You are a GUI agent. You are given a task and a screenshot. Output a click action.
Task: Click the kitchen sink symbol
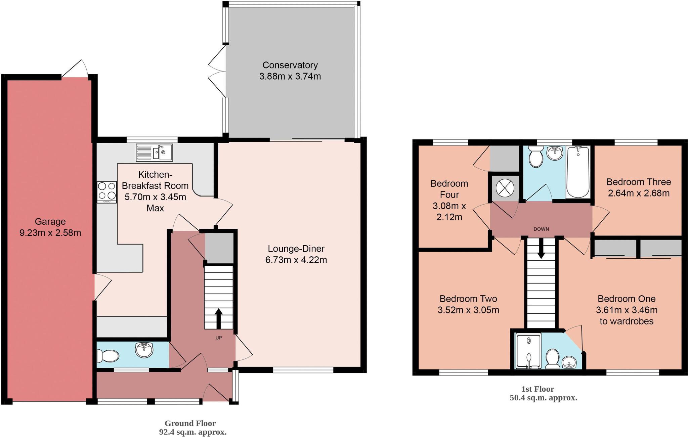point(154,152)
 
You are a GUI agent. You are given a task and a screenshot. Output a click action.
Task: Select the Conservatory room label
point(290,65)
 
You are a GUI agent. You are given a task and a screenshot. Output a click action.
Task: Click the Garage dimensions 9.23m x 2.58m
point(50,233)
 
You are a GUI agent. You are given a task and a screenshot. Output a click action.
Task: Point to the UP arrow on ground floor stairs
point(218,318)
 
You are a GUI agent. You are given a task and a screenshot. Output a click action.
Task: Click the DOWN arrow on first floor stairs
point(541,250)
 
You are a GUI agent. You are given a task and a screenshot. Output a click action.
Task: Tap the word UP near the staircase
point(219,338)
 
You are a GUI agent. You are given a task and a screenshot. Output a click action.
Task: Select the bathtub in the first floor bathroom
point(578,172)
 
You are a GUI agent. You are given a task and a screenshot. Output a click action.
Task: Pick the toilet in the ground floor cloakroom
point(107,356)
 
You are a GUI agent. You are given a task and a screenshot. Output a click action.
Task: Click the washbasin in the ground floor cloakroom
point(144,350)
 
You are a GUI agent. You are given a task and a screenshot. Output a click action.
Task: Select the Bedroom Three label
point(638,182)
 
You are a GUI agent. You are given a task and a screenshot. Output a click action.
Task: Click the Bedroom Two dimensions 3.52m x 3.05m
point(468,310)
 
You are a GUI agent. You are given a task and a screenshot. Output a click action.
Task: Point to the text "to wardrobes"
point(626,321)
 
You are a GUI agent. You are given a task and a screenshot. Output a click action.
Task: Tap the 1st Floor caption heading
point(537,389)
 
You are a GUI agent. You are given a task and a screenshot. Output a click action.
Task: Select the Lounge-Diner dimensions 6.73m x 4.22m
point(296,260)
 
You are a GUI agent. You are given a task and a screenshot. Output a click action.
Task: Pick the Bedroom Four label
point(449,189)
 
